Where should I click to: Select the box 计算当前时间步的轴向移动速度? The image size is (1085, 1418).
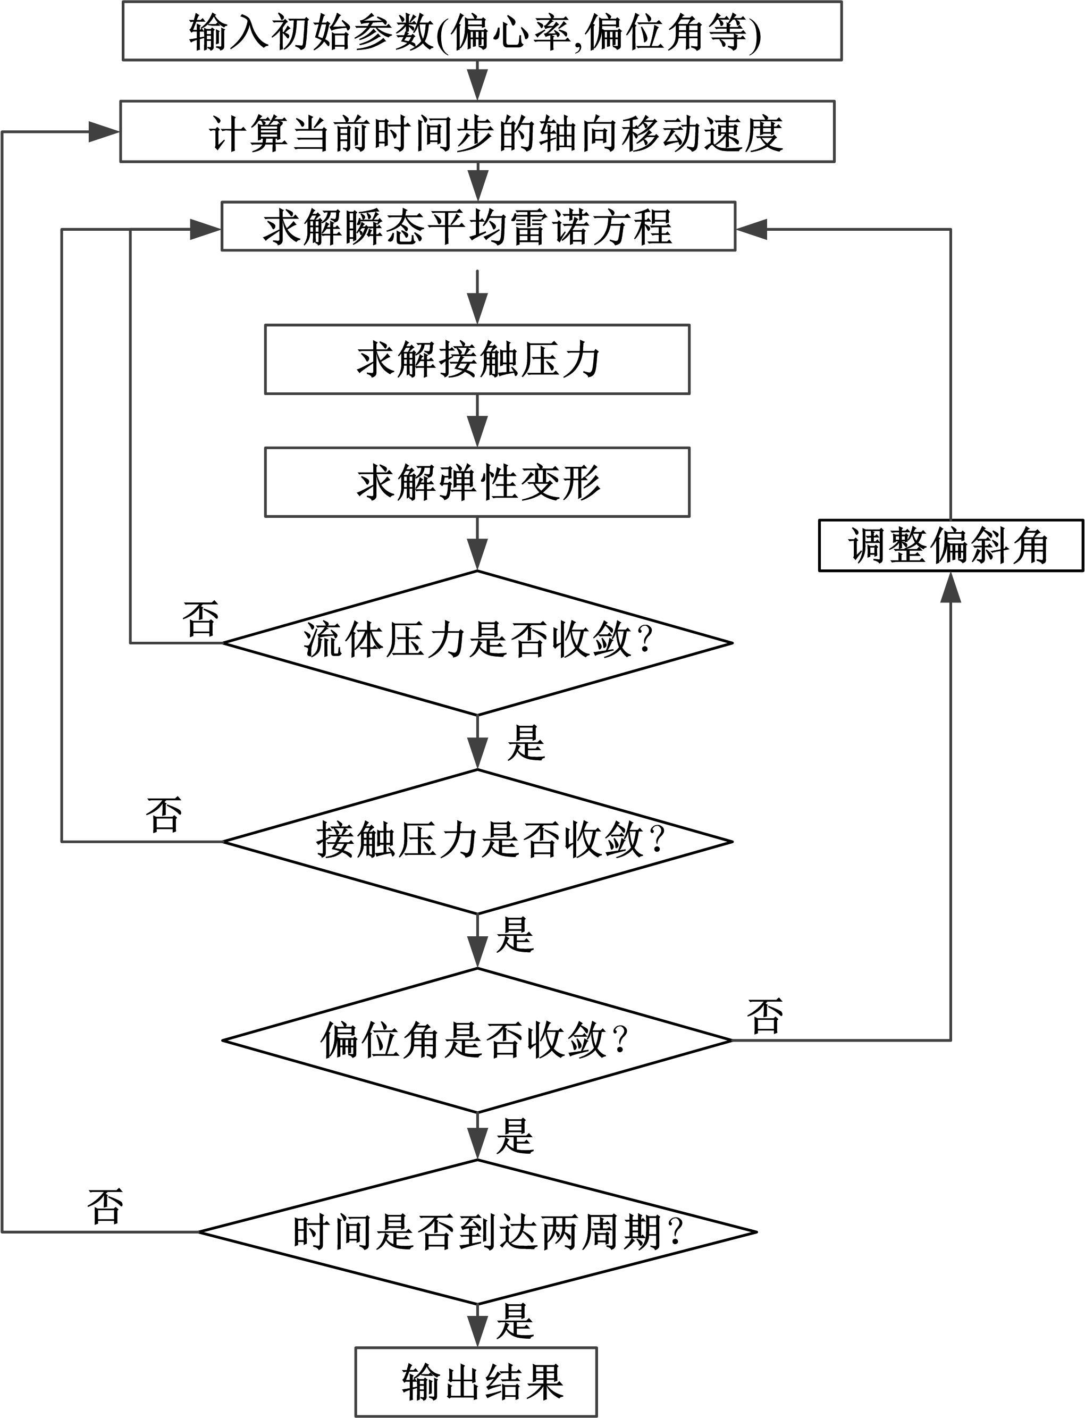coord(477,132)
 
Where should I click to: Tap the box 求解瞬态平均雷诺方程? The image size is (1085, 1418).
coord(478,226)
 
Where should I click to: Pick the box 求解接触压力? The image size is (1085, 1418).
coord(477,360)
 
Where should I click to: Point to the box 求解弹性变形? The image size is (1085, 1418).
coord(477,483)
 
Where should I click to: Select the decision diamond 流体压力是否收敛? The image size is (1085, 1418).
coord(477,643)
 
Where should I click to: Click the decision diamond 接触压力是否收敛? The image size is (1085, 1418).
coord(477,842)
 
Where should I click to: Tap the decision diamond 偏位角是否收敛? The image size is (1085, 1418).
coord(477,1040)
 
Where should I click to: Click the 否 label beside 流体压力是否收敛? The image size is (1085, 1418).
coord(201,619)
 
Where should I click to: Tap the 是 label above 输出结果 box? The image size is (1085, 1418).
coord(515,1322)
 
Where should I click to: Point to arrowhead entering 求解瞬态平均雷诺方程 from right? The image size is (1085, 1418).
coord(752,229)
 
